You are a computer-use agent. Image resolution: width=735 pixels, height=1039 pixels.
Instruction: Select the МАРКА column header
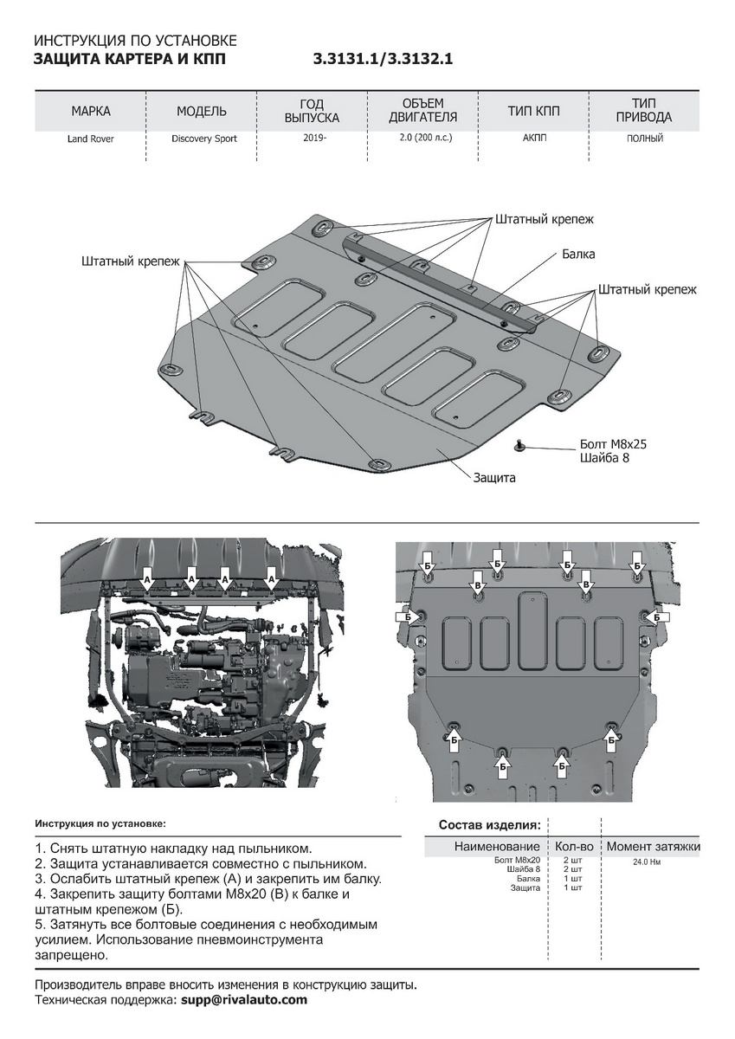[x=91, y=111]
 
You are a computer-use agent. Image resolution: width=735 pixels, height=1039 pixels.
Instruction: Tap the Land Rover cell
[x=91, y=139]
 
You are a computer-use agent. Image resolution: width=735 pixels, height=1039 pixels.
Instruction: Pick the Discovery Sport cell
[x=203, y=139]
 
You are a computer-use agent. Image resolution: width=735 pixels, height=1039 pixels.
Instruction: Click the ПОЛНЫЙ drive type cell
[x=644, y=138]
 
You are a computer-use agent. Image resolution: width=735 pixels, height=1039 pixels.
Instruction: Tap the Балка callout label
[x=578, y=255]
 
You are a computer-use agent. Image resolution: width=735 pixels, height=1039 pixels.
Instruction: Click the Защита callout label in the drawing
[x=494, y=477]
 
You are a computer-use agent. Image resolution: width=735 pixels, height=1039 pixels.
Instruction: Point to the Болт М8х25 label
[x=613, y=444]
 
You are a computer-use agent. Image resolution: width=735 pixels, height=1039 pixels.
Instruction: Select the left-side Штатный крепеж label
[x=131, y=261]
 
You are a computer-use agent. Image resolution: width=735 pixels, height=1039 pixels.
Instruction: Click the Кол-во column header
[x=574, y=846]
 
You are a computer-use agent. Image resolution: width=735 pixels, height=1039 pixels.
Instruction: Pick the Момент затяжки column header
[x=653, y=846]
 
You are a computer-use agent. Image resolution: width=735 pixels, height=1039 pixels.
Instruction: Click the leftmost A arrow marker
[x=146, y=578]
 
